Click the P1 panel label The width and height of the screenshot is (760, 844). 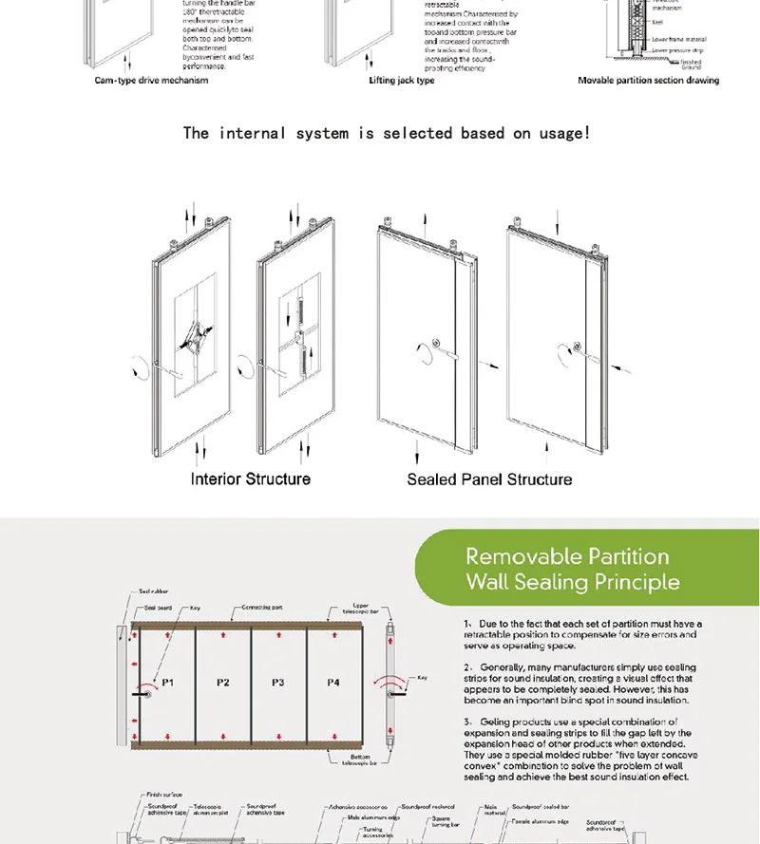pos(167,683)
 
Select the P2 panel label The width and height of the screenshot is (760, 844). pos(222,683)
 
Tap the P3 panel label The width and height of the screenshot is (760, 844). pos(277,683)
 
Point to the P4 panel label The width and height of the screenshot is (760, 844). pos(332,683)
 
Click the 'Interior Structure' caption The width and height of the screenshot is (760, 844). pos(251,478)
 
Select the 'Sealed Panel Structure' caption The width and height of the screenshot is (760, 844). pos(489,479)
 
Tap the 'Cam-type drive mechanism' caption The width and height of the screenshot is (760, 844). pos(151,81)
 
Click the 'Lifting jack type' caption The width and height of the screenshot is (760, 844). pos(402,81)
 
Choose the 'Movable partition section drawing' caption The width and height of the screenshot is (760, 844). pos(648,81)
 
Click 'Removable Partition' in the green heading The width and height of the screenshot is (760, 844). pos(567,556)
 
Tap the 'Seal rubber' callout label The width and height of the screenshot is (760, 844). pos(155,591)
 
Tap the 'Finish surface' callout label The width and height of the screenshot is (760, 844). pos(165,795)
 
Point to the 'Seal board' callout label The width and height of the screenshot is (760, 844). pos(158,607)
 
